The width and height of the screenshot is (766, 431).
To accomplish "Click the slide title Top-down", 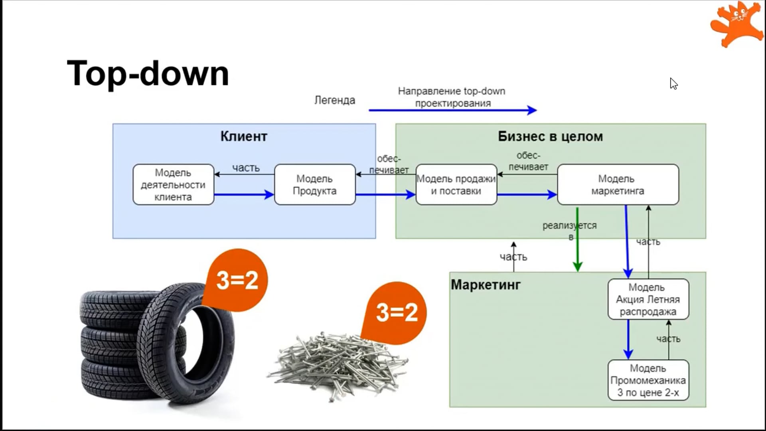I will [148, 73].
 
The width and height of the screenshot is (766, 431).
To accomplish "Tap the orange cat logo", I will [736, 24].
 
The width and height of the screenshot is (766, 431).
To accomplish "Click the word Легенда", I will [334, 100].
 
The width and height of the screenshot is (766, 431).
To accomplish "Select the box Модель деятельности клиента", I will [173, 185].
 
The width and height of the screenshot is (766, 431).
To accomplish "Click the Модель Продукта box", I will [314, 185].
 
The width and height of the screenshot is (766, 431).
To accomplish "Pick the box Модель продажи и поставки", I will [456, 185].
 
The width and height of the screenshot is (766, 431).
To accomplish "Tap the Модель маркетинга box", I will [618, 185].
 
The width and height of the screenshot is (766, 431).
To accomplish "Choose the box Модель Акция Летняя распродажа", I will [648, 299].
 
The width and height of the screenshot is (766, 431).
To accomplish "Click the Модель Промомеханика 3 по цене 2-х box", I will [648, 380].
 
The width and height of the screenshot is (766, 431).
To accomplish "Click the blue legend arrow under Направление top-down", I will [452, 110].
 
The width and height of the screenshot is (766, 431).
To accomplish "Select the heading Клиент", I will [244, 136].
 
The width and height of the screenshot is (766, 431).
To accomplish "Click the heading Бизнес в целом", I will [550, 136].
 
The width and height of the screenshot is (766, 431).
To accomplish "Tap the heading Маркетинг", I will [486, 285].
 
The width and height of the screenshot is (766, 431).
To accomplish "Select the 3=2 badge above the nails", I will [397, 312].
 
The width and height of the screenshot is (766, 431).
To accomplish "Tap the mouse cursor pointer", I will [673, 83].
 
